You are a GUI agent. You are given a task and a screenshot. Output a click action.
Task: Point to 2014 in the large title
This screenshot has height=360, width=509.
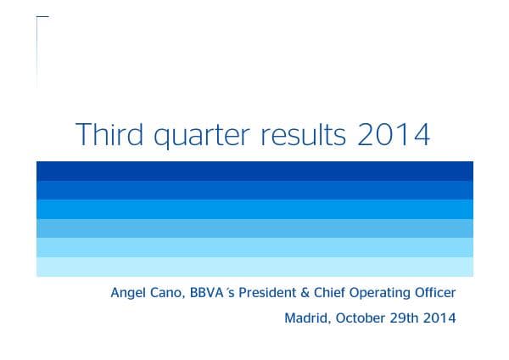tap(394, 135)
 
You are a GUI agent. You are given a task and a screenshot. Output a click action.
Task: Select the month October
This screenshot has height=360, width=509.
tap(360, 319)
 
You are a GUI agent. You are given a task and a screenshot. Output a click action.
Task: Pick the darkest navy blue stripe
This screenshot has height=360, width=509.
tap(255, 170)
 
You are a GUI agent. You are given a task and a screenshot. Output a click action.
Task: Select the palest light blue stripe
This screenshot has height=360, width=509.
tap(255, 267)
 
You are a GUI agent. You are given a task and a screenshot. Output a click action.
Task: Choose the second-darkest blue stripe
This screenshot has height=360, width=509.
tap(255, 189)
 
